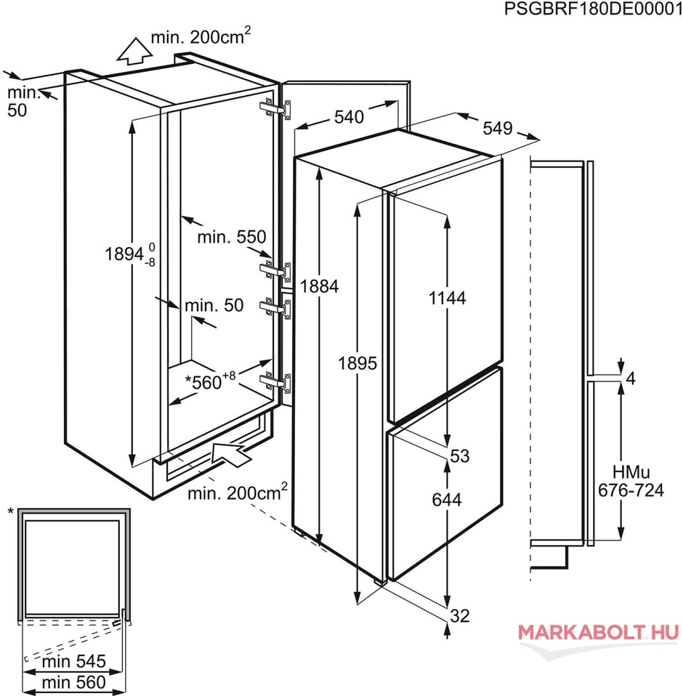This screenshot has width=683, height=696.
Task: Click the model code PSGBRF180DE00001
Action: pos(594,9)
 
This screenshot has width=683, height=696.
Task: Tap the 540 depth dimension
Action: pos(349,117)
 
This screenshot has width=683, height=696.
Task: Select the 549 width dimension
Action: pos(498,129)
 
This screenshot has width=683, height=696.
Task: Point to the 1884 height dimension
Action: pos(320,286)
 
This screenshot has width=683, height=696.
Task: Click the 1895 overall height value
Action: pos(357,363)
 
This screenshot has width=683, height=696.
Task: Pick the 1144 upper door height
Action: pos(448,299)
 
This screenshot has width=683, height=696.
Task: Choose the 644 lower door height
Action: pos(447,500)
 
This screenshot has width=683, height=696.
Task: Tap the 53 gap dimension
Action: pos(459,456)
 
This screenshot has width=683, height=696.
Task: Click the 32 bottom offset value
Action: pos(460,615)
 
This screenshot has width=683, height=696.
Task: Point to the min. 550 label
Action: pos(232,237)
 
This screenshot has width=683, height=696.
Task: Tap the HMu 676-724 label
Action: pos(631,481)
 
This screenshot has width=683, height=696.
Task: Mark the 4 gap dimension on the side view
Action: pos(630,379)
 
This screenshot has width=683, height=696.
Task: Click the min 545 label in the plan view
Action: pos(73,662)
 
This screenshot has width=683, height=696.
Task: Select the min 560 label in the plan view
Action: pos(73,682)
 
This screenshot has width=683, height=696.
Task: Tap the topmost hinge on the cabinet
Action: pos(275,109)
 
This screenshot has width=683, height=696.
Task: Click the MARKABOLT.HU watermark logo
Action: pos(599,632)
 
